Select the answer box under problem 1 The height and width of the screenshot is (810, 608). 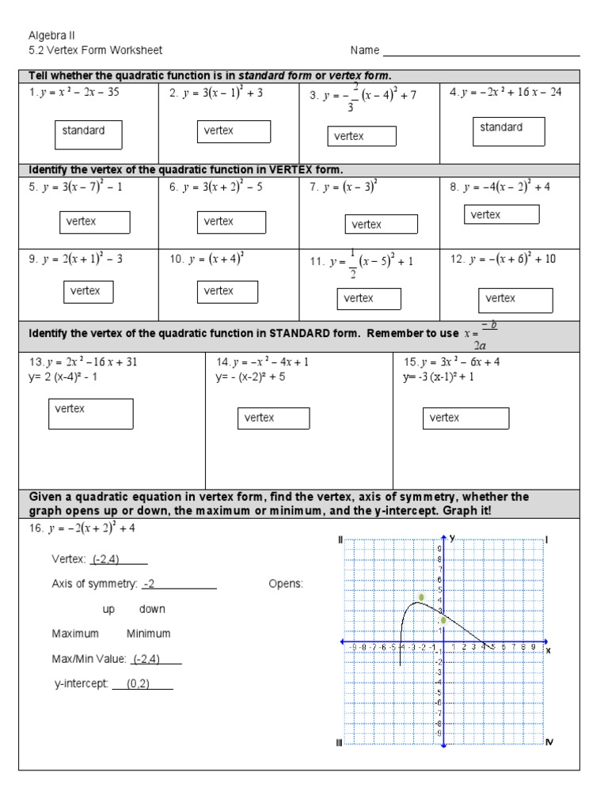click(x=89, y=134)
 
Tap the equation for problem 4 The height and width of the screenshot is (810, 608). click(x=505, y=93)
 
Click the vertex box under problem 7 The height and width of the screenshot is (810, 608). click(x=380, y=225)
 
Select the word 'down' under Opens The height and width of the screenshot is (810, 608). click(x=152, y=609)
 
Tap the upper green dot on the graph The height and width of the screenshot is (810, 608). click(x=422, y=597)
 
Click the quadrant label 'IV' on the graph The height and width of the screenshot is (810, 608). click(x=550, y=742)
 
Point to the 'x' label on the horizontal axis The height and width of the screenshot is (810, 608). click(x=548, y=649)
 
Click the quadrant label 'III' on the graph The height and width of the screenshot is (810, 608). click(x=339, y=742)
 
